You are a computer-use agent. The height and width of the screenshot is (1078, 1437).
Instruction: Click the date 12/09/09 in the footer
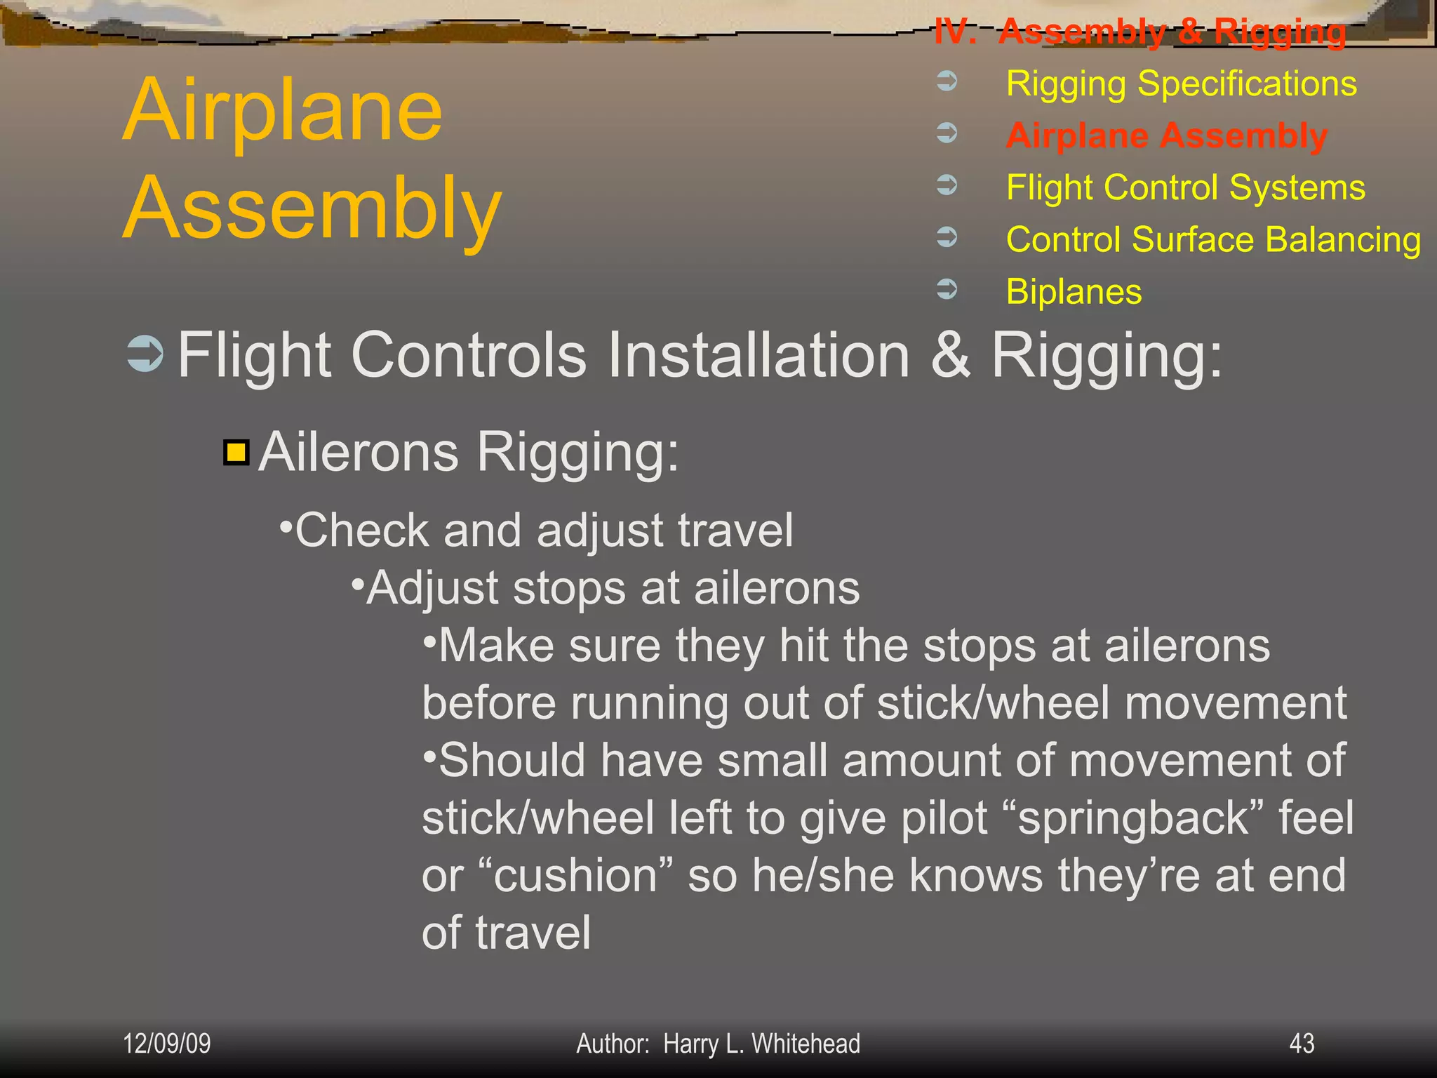coord(167,1044)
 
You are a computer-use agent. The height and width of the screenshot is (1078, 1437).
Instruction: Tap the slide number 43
coord(1302,1044)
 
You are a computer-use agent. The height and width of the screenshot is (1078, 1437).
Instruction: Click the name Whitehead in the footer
coord(806,1044)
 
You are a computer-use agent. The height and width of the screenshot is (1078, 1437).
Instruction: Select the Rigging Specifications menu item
coord(1181,84)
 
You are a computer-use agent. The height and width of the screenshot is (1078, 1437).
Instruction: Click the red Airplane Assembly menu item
coord(1166,135)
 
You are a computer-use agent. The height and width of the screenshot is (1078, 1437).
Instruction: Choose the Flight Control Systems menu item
coord(1185,187)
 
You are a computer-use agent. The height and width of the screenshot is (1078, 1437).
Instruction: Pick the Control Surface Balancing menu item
coord(1213,239)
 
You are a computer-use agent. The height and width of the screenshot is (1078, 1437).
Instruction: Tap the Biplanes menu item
coord(1074,291)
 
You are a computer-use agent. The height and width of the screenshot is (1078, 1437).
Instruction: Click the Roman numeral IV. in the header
coord(955,32)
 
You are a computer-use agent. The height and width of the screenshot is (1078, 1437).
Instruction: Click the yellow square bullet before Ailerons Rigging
coord(236,453)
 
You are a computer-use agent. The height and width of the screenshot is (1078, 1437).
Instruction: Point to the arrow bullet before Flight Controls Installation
coord(145,354)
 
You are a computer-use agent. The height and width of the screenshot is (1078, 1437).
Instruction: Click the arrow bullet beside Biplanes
coord(947,288)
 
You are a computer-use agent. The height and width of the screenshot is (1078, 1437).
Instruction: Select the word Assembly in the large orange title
coord(312,208)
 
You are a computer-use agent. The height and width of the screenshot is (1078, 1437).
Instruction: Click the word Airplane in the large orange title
coord(283,110)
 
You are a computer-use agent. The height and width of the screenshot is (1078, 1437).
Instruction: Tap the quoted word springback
coord(1133,818)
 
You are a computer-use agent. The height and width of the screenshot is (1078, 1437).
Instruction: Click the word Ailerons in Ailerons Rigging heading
coord(359,452)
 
